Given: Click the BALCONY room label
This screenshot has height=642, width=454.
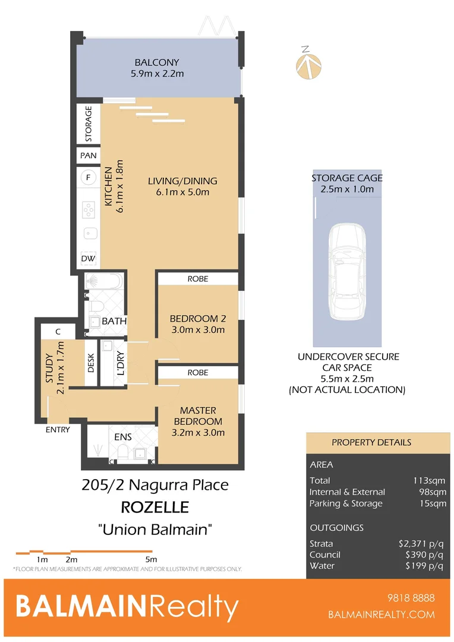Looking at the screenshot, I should pyautogui.click(x=156, y=62).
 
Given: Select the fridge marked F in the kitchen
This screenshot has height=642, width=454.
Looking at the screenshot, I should pyautogui.click(x=89, y=178).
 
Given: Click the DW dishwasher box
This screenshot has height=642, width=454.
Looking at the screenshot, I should pyautogui.click(x=89, y=259).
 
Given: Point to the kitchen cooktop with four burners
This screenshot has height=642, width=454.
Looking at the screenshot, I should pyautogui.click(x=89, y=210).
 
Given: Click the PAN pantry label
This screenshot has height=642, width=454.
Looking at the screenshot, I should pyautogui.click(x=89, y=155).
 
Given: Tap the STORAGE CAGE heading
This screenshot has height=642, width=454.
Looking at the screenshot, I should pyautogui.click(x=347, y=178).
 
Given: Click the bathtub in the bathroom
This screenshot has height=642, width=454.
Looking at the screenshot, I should pyautogui.click(x=103, y=281).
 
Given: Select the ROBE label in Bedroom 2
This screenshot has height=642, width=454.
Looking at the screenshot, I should pyautogui.click(x=198, y=278).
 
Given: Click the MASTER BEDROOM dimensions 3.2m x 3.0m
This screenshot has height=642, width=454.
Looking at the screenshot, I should pyautogui.click(x=198, y=432).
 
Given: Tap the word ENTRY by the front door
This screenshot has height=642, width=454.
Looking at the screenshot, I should pyautogui.click(x=58, y=429).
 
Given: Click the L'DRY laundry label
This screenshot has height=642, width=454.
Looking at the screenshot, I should pyautogui.click(x=121, y=364).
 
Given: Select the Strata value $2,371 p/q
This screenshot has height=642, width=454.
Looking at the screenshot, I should pyautogui.click(x=421, y=543).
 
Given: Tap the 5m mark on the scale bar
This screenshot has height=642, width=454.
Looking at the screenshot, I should pyautogui.click(x=151, y=559).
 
